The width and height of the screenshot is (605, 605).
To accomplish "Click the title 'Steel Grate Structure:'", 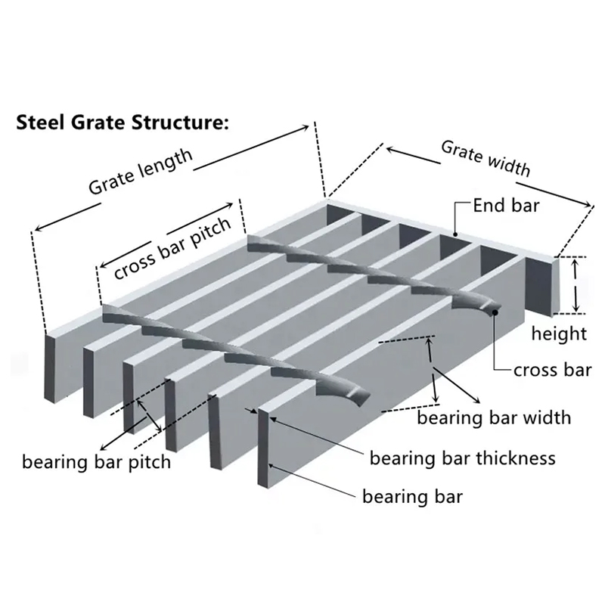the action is [123, 123].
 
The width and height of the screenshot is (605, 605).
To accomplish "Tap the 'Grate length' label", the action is [140, 171].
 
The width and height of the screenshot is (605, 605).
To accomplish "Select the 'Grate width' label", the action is [486, 158].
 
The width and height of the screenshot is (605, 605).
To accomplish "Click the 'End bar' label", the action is [506, 205].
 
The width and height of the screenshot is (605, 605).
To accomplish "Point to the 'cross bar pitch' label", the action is [172, 248].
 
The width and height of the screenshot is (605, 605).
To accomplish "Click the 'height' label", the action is [559, 334].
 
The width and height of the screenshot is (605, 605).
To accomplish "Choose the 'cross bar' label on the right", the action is [553, 370].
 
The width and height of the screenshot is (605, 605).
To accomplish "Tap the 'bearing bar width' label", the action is [494, 417].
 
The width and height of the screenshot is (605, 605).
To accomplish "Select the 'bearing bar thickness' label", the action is [463, 458].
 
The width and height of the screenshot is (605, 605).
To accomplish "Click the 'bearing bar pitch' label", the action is [96, 462].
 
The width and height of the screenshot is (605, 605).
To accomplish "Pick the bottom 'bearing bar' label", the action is [412, 496].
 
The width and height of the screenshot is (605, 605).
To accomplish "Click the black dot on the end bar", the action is [455, 234].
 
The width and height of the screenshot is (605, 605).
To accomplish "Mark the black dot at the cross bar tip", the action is [495, 312].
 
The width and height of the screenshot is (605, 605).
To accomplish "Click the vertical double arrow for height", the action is [576, 285].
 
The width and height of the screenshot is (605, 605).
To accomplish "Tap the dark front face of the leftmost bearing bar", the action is [51, 368].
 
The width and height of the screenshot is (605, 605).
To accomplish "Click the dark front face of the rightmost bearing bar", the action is [263, 447].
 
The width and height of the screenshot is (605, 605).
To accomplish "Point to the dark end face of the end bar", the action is [539, 287].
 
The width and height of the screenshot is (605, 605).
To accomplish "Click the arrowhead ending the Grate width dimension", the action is [587, 203].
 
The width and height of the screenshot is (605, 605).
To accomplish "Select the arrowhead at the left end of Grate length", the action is [39, 228].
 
